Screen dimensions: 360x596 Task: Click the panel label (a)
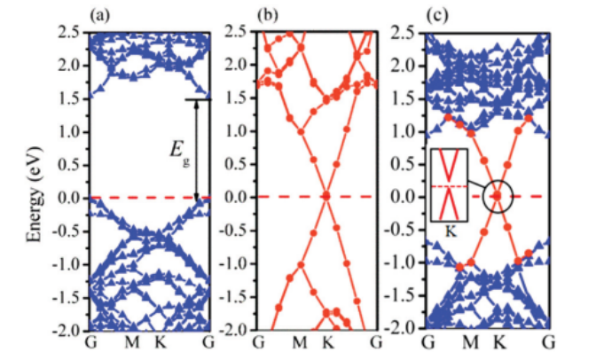[x=99, y=15]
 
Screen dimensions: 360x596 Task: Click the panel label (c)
[x=436, y=15]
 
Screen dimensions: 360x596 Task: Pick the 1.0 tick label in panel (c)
[x=404, y=131]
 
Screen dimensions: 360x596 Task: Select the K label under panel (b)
[x=327, y=343]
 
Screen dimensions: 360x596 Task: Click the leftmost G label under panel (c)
[x=427, y=343]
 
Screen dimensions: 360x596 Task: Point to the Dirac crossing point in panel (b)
[x=326, y=197]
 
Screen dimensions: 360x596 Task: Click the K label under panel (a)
[x=160, y=343]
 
